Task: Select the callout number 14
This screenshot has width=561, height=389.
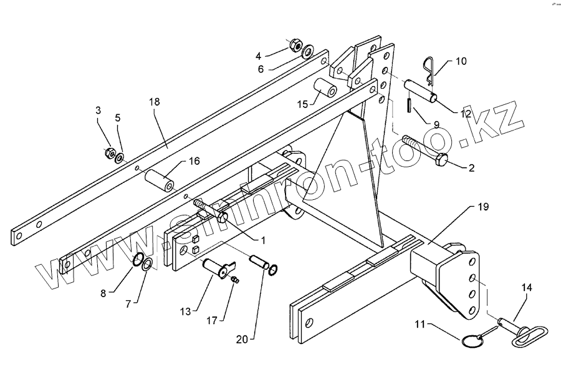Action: [x=527, y=288]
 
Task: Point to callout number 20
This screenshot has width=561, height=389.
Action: [x=242, y=340]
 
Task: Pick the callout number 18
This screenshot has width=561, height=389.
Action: [x=155, y=101]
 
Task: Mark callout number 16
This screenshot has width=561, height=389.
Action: [x=194, y=161]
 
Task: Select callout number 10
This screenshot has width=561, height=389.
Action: [x=460, y=61]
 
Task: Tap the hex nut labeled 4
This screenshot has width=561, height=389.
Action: [x=296, y=46]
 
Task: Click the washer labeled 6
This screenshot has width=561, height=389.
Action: [x=308, y=51]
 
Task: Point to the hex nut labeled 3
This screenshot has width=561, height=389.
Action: [x=108, y=152]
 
